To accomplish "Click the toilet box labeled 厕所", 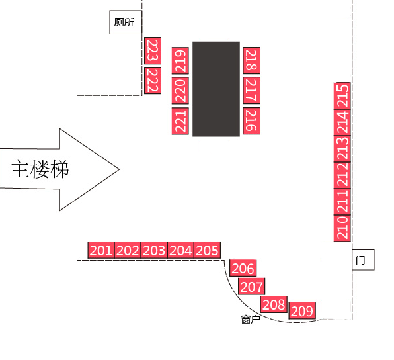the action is pos(126,22).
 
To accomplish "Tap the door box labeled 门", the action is pos(363,260).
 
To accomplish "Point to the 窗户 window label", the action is pos(251,320).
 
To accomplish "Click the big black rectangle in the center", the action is pos(216,89).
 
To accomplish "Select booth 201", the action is pos(101,250).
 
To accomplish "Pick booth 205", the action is pos(208,250).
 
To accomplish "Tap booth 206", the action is pos(243,268).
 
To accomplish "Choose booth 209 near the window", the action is pos(302,310).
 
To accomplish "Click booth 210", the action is pos(342,228).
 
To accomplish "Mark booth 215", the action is pos(342,96).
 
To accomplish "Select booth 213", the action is pos(342,149).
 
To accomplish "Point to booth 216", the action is pos(251,121).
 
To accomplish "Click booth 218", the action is pos(251,60).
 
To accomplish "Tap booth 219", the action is pos(180,61).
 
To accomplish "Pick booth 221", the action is pos(180,121).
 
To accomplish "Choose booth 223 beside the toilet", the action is pos(153,50).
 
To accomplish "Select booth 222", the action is pos(153,81).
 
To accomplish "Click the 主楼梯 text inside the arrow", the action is pos(40,169).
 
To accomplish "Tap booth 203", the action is pos(154,250).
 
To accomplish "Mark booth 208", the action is pos(274,304).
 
